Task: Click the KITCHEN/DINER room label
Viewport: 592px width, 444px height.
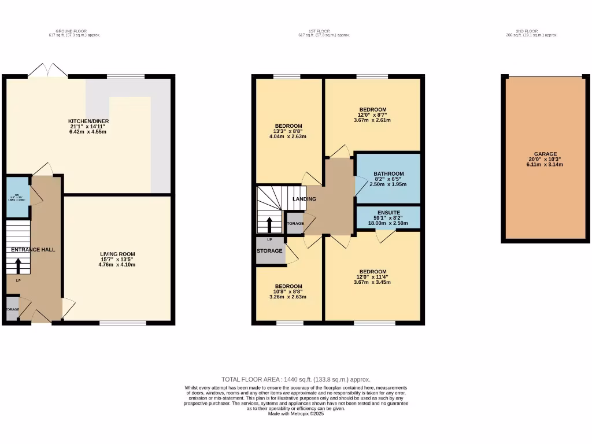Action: click(88, 121)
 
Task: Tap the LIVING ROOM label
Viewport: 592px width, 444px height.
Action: click(117, 254)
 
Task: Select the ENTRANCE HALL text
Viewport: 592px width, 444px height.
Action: click(33, 250)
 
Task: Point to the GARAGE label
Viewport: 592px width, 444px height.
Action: click(545, 154)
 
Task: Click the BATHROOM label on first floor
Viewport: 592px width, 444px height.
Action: click(388, 173)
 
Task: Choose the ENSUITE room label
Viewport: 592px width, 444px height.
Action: click(388, 213)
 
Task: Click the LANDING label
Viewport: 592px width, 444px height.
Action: click(304, 199)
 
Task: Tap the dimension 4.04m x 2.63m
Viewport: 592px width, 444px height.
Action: click(288, 137)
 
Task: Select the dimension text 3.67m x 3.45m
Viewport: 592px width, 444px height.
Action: click(373, 282)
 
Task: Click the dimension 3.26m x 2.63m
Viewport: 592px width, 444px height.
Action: click(288, 297)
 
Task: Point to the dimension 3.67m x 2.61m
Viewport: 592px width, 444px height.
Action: click(373, 120)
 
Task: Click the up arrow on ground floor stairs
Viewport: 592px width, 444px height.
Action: click(18, 265)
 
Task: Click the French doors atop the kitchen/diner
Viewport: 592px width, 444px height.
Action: click(48, 71)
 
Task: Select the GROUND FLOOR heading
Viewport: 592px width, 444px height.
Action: click(75, 31)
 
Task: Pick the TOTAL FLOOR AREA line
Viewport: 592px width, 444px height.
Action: click(295, 379)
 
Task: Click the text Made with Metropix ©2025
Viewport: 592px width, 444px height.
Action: click(295, 413)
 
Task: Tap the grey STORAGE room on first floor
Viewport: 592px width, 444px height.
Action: click(271, 251)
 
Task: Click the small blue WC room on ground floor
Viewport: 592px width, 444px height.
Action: click(17, 197)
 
